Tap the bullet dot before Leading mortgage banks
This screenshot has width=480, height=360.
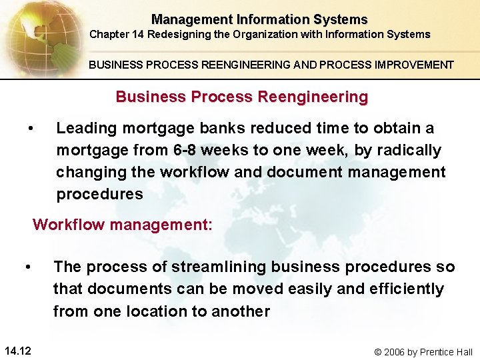(x=31, y=128)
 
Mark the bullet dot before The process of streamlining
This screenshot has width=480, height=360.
(x=28, y=267)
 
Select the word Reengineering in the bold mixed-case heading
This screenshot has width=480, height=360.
(x=313, y=97)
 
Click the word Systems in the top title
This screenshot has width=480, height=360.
(x=343, y=19)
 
